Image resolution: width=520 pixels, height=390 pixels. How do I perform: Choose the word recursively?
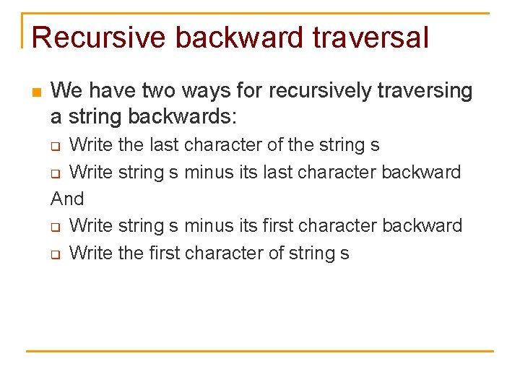click(320, 91)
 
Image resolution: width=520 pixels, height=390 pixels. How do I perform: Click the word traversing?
click(424, 91)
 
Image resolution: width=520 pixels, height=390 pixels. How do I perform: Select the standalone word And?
click(67, 199)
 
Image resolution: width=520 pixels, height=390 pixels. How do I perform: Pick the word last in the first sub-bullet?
click(164, 145)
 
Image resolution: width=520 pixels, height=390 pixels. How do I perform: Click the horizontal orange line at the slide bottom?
click(260, 351)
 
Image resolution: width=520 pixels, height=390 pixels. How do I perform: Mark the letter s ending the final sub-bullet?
click(344, 253)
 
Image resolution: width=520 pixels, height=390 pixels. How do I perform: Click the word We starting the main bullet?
click(66, 91)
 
